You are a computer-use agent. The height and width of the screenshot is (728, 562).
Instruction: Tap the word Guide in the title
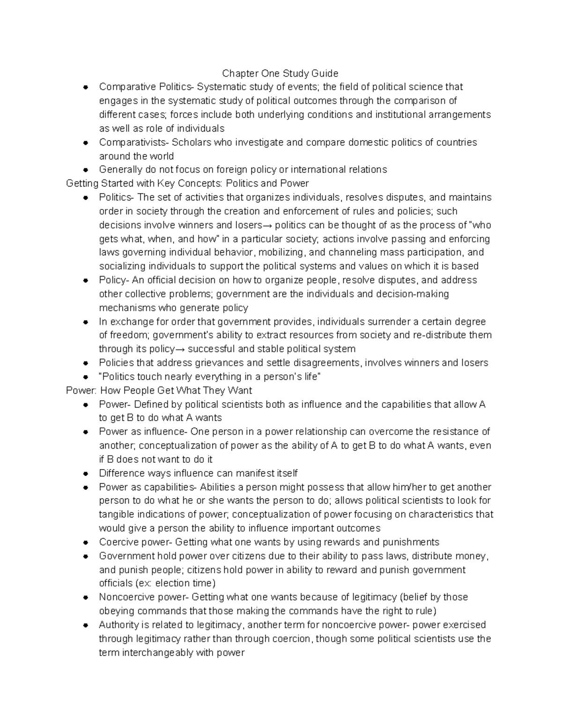326,73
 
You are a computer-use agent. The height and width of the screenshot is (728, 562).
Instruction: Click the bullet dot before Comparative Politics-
85,87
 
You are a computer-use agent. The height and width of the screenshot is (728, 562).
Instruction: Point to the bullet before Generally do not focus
85,170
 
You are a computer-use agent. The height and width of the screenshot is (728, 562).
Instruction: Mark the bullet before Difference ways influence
85,474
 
